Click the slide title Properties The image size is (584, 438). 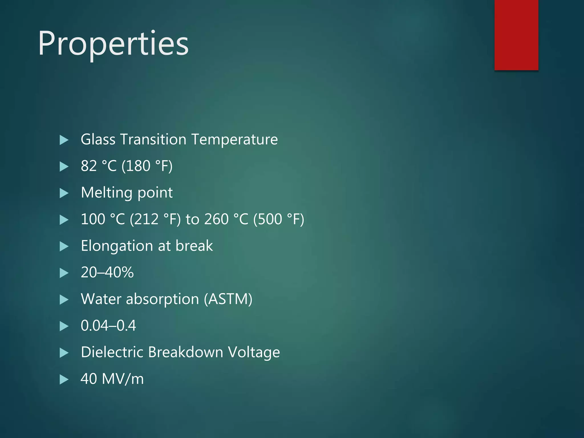point(113,44)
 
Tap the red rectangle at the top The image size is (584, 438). point(516,35)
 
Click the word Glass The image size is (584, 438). point(98,139)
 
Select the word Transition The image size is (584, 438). point(153,139)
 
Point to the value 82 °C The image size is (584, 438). point(99,166)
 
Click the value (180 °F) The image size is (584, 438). point(147,166)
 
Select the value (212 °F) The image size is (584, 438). point(155,219)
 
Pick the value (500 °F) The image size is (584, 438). point(279,219)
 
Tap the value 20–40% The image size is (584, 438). point(107,272)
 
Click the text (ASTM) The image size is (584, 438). point(228,299)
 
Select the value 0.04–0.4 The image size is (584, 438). point(108,326)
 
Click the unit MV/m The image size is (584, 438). point(123,379)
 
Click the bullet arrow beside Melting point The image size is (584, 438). point(64,193)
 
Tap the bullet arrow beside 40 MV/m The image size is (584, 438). point(64,380)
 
